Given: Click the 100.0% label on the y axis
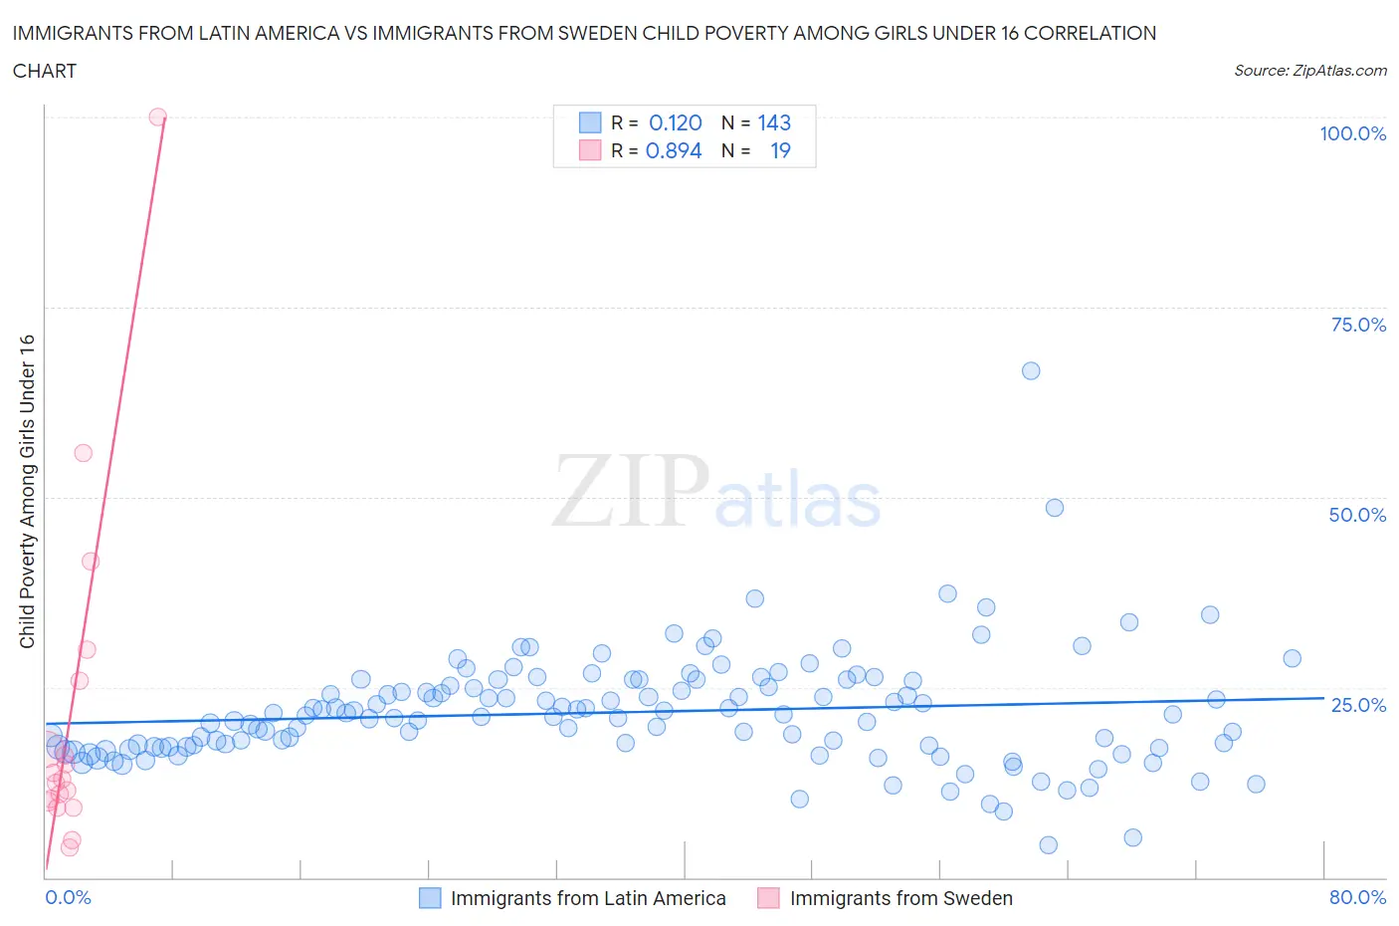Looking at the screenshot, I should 1352,133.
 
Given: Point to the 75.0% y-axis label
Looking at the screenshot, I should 1358,325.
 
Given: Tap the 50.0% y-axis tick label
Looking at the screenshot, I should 1357,515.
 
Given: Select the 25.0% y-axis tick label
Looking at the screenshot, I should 1358,705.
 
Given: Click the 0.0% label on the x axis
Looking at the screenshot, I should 68,897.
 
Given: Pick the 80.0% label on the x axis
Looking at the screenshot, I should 1357,897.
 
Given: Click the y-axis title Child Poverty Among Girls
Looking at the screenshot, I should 27,491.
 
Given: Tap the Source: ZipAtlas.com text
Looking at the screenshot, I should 1309,71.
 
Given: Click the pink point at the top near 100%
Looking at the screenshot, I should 157,116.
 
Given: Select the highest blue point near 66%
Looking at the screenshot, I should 1031,370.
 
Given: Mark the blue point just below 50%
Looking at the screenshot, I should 1055,508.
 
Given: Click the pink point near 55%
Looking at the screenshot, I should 84,453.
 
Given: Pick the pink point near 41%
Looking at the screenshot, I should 91,562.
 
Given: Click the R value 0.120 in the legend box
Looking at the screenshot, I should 675,122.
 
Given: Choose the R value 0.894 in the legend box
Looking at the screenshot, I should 674,150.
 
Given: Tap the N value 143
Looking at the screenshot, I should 774,122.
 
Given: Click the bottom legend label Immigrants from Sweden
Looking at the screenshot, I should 900,898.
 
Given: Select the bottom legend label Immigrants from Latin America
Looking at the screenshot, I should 587,898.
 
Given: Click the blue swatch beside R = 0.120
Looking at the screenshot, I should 590,122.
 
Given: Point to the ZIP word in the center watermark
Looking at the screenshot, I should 631,491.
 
